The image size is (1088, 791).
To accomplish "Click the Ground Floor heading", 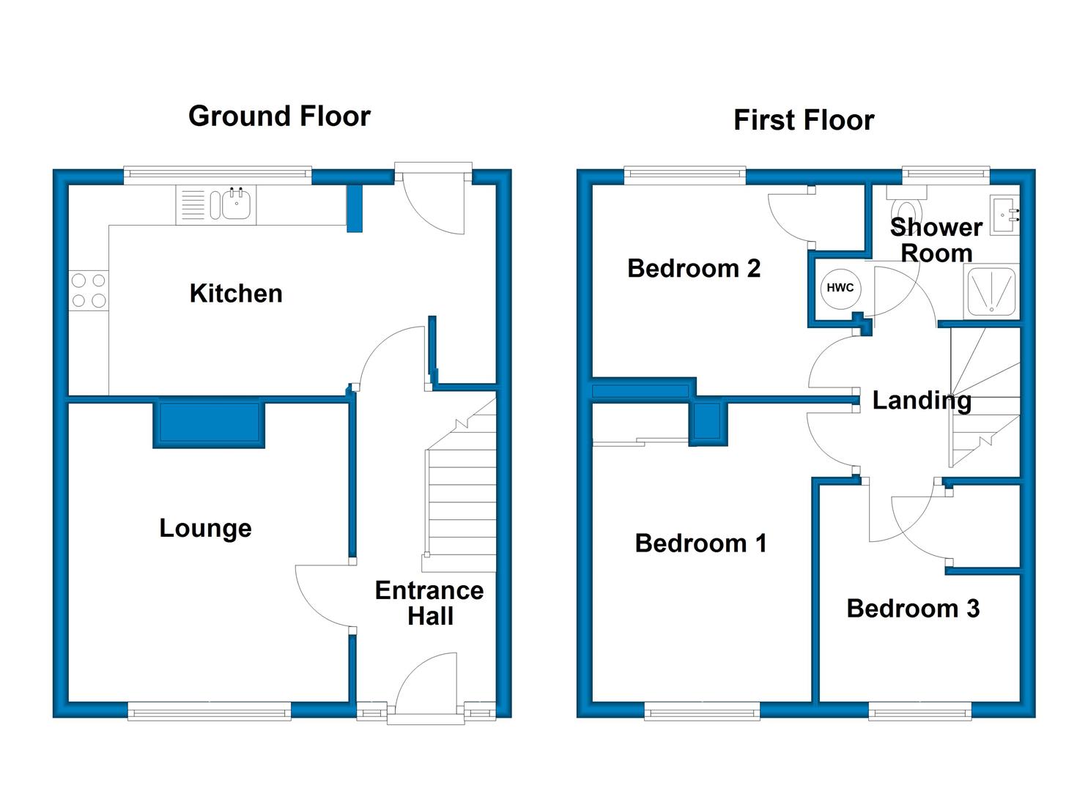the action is point(279,116).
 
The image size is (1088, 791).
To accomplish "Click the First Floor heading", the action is point(804,120).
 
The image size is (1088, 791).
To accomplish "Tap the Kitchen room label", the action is point(236,293).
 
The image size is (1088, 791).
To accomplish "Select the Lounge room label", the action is point(205,528).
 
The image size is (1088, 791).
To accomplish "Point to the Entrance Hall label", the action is point(429,603).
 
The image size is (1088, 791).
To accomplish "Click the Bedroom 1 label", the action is point(701,543).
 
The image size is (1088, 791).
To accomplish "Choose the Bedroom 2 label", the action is point(694,268).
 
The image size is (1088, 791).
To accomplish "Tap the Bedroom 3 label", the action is point(913,609).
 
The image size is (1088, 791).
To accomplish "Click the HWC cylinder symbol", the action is point(840,289).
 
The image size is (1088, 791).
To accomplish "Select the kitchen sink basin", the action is point(237,204).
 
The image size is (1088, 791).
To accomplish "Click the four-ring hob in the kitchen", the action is point(89,290).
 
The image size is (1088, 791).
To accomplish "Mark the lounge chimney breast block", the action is point(209,423).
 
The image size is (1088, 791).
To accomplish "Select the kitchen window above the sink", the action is point(218,175).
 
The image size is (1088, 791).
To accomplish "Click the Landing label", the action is point(922,401).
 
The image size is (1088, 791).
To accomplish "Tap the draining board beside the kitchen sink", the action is point(193,205).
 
